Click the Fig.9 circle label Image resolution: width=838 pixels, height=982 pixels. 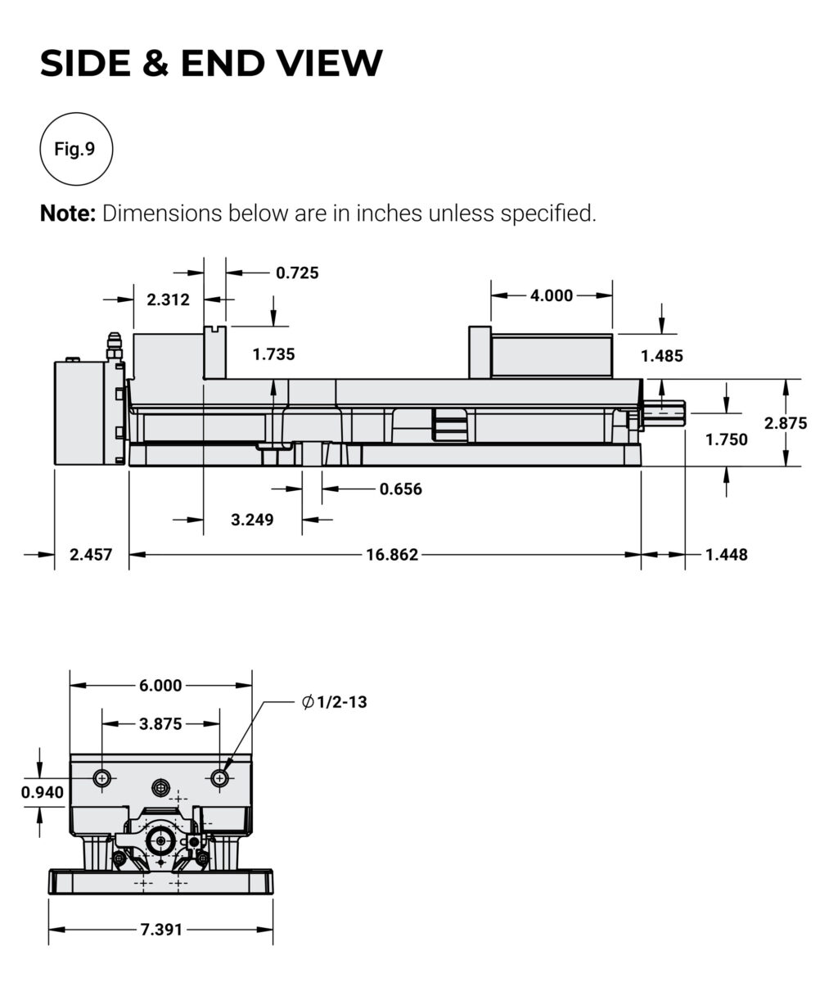click(x=75, y=149)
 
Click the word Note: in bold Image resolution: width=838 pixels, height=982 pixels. click(x=69, y=214)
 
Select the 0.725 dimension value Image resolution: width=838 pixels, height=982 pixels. click(x=297, y=273)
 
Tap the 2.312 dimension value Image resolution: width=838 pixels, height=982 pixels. click(x=168, y=300)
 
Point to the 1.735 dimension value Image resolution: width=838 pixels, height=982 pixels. click(x=273, y=354)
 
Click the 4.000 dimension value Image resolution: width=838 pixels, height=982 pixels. click(x=552, y=295)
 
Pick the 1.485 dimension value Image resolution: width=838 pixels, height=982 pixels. click(x=661, y=356)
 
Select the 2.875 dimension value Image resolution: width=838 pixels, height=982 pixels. click(x=786, y=423)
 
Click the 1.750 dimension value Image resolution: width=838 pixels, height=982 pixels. click(x=726, y=439)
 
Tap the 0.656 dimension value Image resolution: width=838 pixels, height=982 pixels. click(x=400, y=489)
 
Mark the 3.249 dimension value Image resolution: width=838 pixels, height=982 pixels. click(x=252, y=520)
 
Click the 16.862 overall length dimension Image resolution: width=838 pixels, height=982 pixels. click(x=392, y=555)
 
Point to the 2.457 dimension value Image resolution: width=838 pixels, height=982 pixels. click(x=91, y=555)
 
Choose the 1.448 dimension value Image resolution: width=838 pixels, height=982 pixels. click(x=726, y=555)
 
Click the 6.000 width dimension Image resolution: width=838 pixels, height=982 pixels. click(x=160, y=685)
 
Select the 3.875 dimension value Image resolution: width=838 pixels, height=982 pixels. click(x=160, y=723)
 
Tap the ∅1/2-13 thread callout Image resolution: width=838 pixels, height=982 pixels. click(x=334, y=702)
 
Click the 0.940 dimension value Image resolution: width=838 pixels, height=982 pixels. click(x=42, y=791)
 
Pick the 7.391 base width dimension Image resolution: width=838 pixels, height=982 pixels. click(x=161, y=930)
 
